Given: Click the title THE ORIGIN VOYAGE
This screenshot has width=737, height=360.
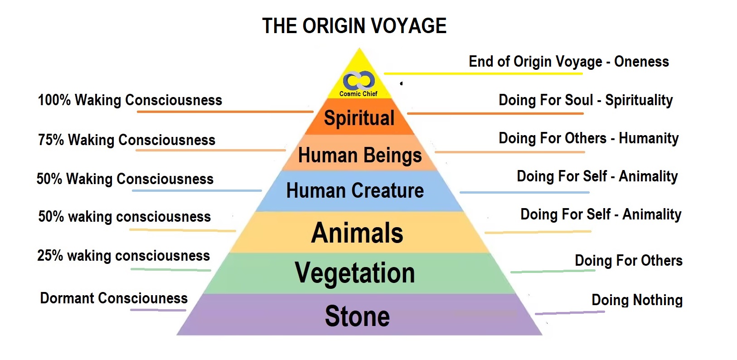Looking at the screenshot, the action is click(354, 26).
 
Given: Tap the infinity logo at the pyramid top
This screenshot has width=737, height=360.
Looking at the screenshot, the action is click(359, 80).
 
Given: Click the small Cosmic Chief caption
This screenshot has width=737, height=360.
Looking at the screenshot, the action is click(358, 94).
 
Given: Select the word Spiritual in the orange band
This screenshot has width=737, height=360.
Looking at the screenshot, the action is click(359, 118).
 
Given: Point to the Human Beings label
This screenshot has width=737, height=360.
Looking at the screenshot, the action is click(360, 155).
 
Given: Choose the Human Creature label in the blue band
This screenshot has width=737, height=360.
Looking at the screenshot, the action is click(355, 190).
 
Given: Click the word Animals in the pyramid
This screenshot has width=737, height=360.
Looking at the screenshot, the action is click(357, 233).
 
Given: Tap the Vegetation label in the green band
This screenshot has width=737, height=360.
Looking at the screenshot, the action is click(355, 273).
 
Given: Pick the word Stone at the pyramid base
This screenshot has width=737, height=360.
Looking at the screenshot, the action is click(357, 316).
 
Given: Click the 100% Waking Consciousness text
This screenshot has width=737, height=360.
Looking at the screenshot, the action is click(130, 100).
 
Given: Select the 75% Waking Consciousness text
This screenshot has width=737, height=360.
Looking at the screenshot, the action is click(126, 140).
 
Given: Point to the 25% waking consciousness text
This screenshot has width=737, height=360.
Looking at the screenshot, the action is click(123, 256).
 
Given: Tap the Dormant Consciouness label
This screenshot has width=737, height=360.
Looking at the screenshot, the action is click(114, 298).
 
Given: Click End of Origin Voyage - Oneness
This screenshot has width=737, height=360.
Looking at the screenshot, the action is click(569, 62).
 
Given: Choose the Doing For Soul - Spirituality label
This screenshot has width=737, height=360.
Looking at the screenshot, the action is click(586, 100).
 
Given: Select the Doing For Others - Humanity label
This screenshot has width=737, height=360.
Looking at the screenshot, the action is click(589, 138).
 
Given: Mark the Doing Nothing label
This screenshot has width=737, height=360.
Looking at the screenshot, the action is click(637, 300).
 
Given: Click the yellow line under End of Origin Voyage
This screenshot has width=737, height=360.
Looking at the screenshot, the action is click(483, 73).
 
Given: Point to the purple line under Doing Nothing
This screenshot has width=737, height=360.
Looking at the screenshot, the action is click(570, 312).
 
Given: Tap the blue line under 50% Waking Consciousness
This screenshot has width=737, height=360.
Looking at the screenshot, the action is click(197, 190).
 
